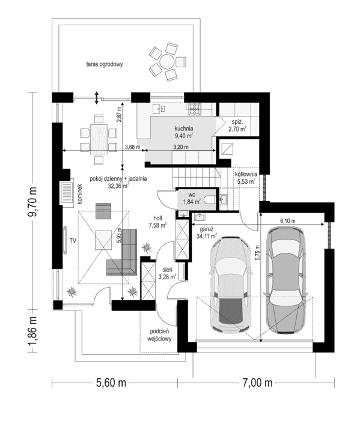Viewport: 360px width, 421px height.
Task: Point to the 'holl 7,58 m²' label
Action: pyautogui.click(x=157, y=222)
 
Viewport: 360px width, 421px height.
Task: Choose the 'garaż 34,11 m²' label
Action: pyautogui.click(x=207, y=232)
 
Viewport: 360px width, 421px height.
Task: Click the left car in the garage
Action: pyautogui.click(x=230, y=285)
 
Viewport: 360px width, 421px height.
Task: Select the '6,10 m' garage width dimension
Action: pyautogui.click(x=287, y=221)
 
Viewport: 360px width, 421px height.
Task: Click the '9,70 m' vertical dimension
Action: pyautogui.click(x=34, y=202)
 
